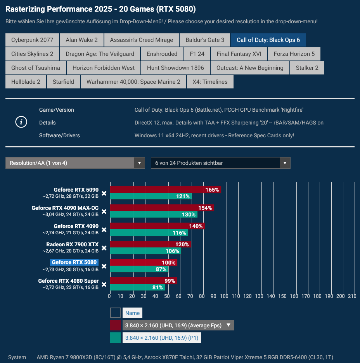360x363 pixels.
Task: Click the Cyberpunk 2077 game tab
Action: tap(32, 40)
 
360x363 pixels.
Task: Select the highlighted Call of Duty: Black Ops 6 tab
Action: tap(268, 40)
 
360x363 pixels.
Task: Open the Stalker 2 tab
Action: tap(307, 68)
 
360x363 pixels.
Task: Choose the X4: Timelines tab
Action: tap(210, 82)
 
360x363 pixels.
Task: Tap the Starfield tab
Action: tap(63, 82)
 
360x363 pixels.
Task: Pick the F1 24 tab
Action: tap(197, 54)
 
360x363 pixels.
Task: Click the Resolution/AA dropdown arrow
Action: tap(140, 163)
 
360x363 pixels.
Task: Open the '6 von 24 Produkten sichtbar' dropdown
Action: tap(220, 163)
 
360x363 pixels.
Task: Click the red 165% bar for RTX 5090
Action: tap(165, 190)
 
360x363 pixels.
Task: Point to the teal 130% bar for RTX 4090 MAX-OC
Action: tap(154, 214)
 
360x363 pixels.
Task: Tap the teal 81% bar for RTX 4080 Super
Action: tap(137, 287)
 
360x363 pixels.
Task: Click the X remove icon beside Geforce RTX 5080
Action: tap(104, 266)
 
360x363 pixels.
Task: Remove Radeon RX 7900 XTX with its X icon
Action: tap(104, 248)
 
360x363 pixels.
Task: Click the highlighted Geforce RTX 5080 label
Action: tap(74, 263)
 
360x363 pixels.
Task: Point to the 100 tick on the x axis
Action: tap(224, 296)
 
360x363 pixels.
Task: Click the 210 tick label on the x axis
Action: tap(352, 296)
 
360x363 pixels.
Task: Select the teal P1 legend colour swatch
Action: tap(116, 338)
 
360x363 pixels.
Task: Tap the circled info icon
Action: tap(21, 122)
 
